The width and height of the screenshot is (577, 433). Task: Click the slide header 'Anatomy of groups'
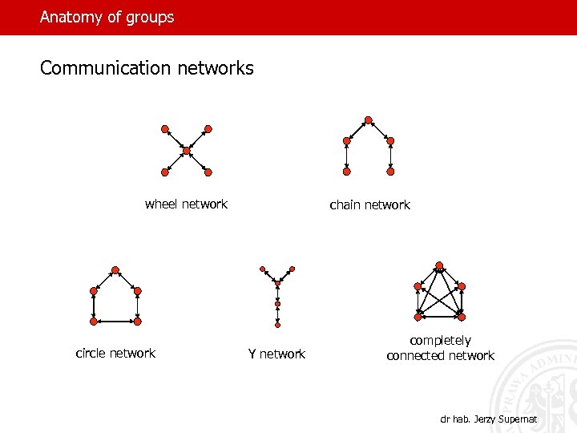pyautogui.click(x=107, y=17)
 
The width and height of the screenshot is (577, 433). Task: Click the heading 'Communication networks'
pyautogui.click(x=147, y=68)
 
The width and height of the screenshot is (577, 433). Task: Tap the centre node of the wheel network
pyautogui.click(x=187, y=151)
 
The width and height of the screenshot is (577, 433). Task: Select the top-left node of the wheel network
pyautogui.click(x=164, y=128)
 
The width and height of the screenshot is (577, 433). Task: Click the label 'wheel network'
pyautogui.click(x=186, y=204)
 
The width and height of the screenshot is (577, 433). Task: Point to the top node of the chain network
pyautogui.click(x=368, y=120)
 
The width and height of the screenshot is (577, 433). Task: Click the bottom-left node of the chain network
pyautogui.click(x=346, y=171)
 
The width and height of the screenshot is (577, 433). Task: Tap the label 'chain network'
pyautogui.click(x=369, y=205)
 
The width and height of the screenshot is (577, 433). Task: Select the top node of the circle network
pyautogui.click(x=115, y=269)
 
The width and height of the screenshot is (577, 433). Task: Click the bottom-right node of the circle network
pyautogui.click(x=137, y=321)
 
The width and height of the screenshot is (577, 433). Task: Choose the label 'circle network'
pyautogui.click(x=115, y=353)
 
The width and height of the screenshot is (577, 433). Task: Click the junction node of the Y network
pyautogui.click(x=277, y=284)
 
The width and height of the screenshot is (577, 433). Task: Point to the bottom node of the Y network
pyautogui.click(x=277, y=325)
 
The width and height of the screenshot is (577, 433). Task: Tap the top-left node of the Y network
pyautogui.click(x=261, y=269)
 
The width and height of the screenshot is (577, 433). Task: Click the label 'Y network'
pyautogui.click(x=276, y=354)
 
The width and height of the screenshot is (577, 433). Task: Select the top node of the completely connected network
pyautogui.click(x=439, y=265)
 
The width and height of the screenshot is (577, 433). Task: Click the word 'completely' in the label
pyautogui.click(x=440, y=341)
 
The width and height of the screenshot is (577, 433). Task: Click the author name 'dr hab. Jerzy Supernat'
pyautogui.click(x=488, y=419)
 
